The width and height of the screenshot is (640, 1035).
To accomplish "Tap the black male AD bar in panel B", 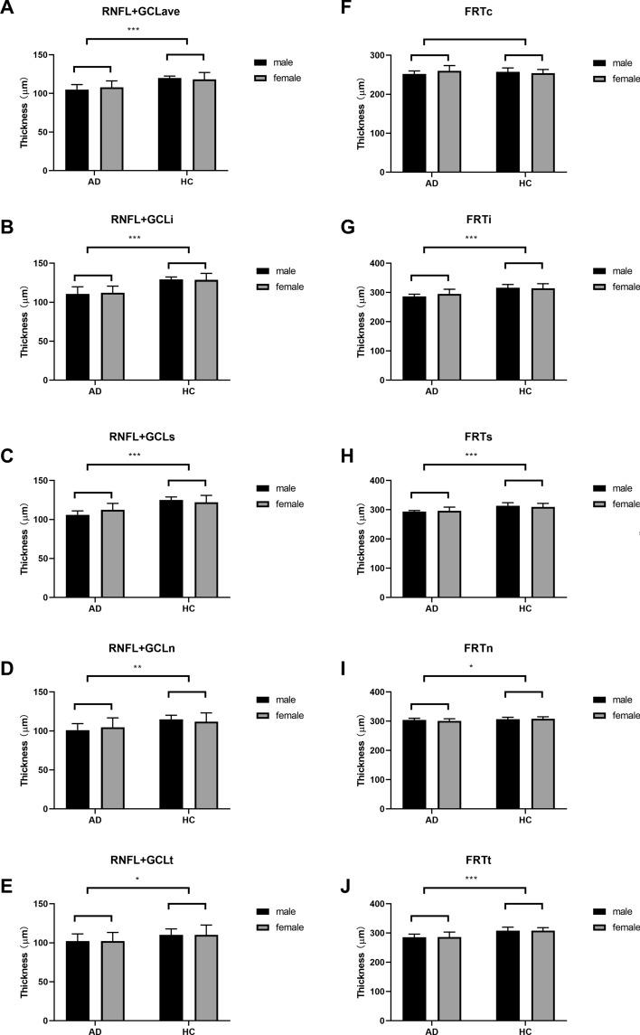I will coord(77,337).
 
